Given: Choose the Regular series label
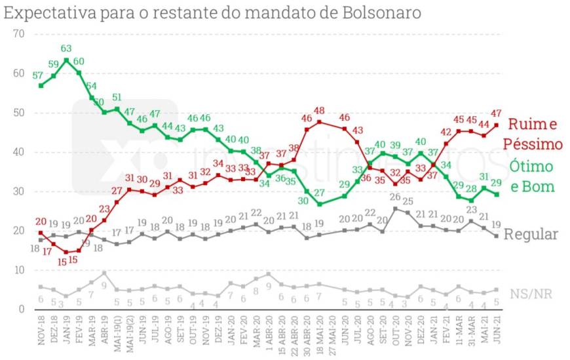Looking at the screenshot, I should click(x=530, y=234).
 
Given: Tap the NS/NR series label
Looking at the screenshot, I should click(x=530, y=294).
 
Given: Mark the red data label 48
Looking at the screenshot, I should click(x=319, y=111).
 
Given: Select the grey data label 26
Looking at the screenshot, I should click(x=396, y=197).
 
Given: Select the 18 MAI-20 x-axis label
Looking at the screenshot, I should click(x=319, y=338).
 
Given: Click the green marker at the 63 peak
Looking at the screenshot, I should click(x=66, y=60).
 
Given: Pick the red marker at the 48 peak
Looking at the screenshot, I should click(x=319, y=121).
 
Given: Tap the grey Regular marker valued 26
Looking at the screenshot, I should click(x=395, y=209).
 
